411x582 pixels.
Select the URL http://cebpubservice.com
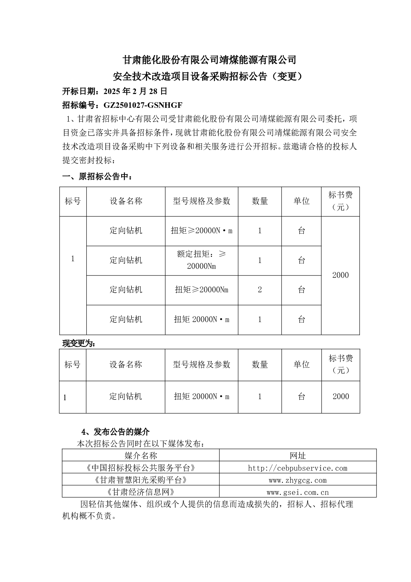[x=297, y=468]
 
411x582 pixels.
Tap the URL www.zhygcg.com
[x=297, y=480]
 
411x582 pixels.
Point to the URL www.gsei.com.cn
[x=297, y=492]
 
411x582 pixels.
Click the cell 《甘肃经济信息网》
[x=140, y=492]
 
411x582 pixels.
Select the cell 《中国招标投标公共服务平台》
[x=140, y=468]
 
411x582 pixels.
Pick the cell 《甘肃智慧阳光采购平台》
[x=140, y=480]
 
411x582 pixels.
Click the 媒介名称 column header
[x=140, y=456]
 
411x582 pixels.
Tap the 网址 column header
[x=297, y=456]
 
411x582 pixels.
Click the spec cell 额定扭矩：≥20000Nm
[x=202, y=260]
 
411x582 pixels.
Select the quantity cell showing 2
[x=260, y=290]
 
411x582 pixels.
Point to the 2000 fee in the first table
[x=340, y=275]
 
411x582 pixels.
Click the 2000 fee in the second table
[x=341, y=396]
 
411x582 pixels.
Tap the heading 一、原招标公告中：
[x=97, y=177]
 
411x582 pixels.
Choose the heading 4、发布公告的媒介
[x=116, y=432]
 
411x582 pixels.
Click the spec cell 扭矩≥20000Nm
[x=202, y=290]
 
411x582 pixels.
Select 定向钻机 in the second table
[x=126, y=396]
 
